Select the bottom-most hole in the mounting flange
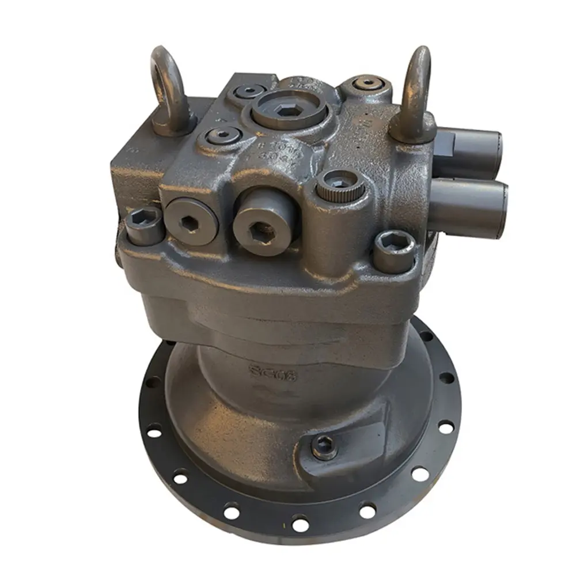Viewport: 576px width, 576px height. coord(300,525)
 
